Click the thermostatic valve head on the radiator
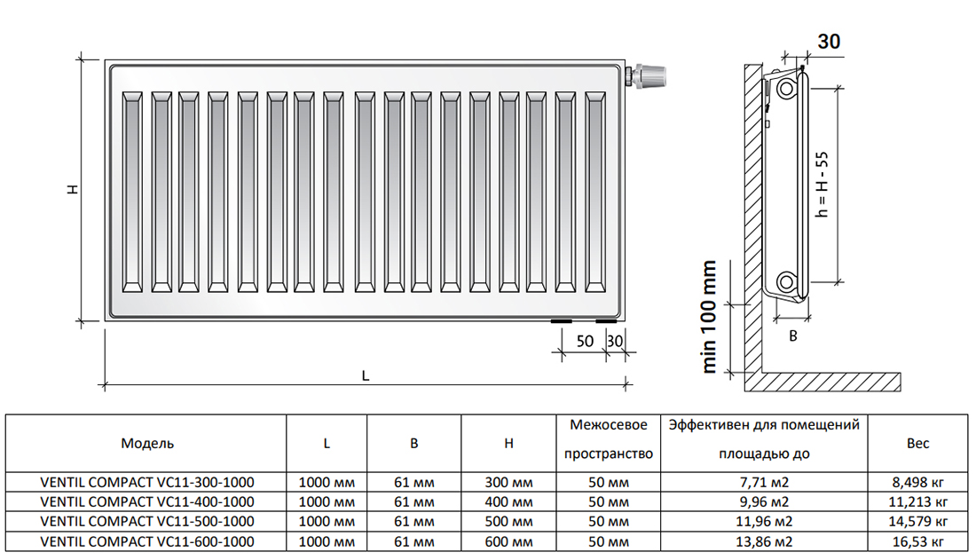651,76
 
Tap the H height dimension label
74,188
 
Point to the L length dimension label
366,375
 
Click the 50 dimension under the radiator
585,341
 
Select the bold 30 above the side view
829,41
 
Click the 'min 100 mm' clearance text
710,317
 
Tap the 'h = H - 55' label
823,185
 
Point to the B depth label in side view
793,335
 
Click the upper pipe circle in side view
786,89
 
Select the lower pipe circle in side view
786,281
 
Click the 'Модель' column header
147,444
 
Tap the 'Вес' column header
918,444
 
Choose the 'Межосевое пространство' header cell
608,439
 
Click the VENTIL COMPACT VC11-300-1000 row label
147,482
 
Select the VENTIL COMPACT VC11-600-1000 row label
147,541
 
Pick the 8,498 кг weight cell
918,482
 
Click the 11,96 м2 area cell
764,521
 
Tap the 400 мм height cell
508,502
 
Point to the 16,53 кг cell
918,541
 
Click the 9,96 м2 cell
764,502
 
